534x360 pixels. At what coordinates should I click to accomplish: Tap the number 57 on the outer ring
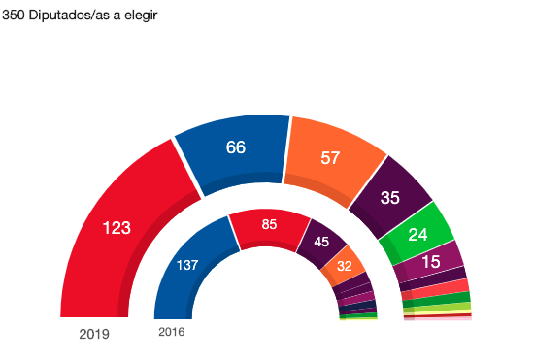(x=330, y=158)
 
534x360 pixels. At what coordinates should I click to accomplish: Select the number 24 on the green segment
(x=417, y=234)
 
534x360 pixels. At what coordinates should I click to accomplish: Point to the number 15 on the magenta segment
(x=431, y=261)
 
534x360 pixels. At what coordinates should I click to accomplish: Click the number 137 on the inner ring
(x=186, y=264)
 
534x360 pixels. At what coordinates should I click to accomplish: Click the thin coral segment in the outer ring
(x=436, y=288)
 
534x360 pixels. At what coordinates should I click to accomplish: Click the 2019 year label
(x=94, y=335)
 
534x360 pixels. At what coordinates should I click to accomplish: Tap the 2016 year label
(x=171, y=332)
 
